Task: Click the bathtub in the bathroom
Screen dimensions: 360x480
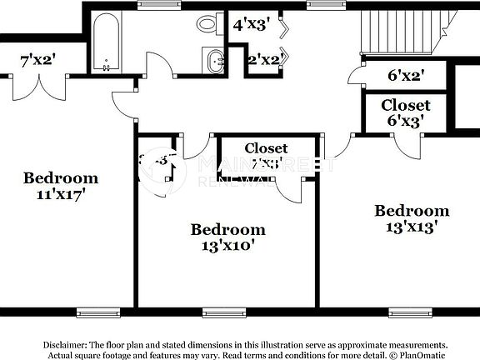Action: pos(104,42)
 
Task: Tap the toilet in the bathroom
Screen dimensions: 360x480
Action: pos(209,23)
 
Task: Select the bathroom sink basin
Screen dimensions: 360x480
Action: pos(215,60)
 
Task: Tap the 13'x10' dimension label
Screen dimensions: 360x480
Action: pos(227,246)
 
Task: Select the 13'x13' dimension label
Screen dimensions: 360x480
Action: pos(412,227)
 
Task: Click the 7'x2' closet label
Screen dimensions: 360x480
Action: pos(37,61)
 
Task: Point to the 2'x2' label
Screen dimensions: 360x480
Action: pos(263,59)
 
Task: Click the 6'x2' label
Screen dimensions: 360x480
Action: pos(406,76)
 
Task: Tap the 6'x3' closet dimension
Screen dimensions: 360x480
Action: pos(406,120)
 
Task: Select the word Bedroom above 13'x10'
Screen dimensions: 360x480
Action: pos(227,229)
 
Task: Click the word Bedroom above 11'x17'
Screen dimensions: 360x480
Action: pos(60,177)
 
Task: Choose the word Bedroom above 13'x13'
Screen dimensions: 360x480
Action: pos(412,211)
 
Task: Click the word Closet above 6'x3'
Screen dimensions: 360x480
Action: pos(406,105)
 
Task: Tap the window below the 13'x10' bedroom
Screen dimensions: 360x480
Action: pos(219,312)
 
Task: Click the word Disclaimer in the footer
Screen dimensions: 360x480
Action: pos(65,344)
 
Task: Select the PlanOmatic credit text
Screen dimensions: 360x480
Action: pos(422,355)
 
